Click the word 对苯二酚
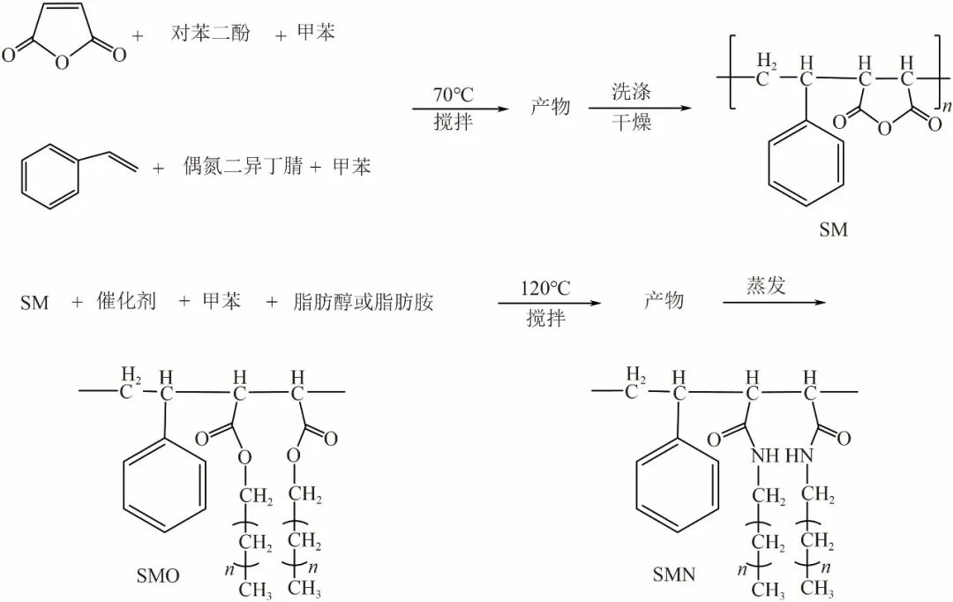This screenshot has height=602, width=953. coord(210,33)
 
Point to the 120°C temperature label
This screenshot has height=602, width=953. coord(545,289)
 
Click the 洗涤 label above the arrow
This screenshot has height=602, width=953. coord(631,92)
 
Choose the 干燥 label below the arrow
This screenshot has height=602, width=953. coord(631,122)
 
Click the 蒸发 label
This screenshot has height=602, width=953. coord(766,285)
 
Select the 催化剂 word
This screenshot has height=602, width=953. coord(126,301)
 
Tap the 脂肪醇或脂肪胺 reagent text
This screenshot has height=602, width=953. coord(363,302)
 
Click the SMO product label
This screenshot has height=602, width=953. coord(158,576)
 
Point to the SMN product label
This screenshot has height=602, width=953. coord(674,574)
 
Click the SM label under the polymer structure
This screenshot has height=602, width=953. coord(833,230)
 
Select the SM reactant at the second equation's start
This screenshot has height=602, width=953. coord(34,302)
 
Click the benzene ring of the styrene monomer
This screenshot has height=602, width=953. coord(49,177)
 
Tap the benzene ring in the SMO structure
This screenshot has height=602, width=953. coord(164,484)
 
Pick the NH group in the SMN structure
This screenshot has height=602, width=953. coord(764,455)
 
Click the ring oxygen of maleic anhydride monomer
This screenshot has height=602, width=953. coord(62,62)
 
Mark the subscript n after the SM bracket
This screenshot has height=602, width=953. coord(947,107)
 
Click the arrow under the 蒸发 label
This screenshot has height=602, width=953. coord(774,302)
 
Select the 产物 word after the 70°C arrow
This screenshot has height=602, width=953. coord(550,107)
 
